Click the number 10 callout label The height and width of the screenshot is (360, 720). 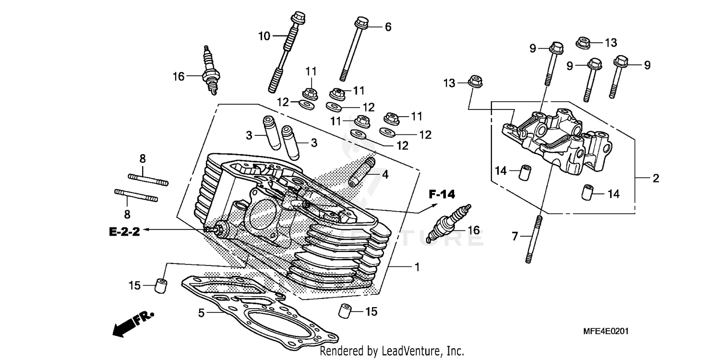pyautogui.click(x=264, y=36)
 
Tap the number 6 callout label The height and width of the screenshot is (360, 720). pyautogui.click(x=388, y=27)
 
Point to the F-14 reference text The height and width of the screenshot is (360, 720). pyautogui.click(x=442, y=194)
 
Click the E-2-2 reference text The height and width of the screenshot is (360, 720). pyautogui.click(x=124, y=232)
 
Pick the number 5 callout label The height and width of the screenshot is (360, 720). pyautogui.click(x=202, y=313)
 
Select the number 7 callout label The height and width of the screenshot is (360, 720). pyautogui.click(x=515, y=236)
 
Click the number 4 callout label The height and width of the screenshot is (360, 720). pyautogui.click(x=384, y=175)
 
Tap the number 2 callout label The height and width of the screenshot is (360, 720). pyautogui.click(x=656, y=179)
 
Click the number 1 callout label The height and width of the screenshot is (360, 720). pyautogui.click(x=417, y=266)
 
